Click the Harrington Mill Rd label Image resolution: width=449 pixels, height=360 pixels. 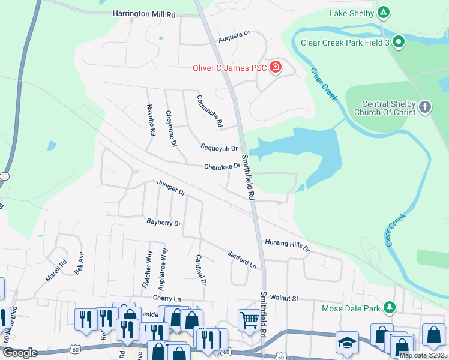tap(143, 13)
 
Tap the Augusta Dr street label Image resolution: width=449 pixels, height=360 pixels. tap(234, 37)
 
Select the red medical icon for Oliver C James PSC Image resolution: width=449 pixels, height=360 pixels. tap(276, 67)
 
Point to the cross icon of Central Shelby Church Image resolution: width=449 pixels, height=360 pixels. tap(424, 107)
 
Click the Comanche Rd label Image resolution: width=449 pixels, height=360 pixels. tap(210, 110)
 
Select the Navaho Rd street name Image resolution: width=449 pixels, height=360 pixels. tap(151, 119)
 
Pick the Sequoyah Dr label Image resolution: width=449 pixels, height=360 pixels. tap(219, 148)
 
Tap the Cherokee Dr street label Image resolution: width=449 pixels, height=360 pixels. tap(221, 167)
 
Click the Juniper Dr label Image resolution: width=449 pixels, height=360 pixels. tap(171, 187)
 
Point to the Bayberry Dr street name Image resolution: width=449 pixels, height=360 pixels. tap(164, 223)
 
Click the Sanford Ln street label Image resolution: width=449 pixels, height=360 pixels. tap(242, 259)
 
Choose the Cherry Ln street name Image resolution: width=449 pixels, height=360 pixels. tap(167, 298)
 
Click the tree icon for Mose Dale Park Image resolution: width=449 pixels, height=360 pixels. tap(390, 307)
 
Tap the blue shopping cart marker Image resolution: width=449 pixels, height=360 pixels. tap(249, 318)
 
